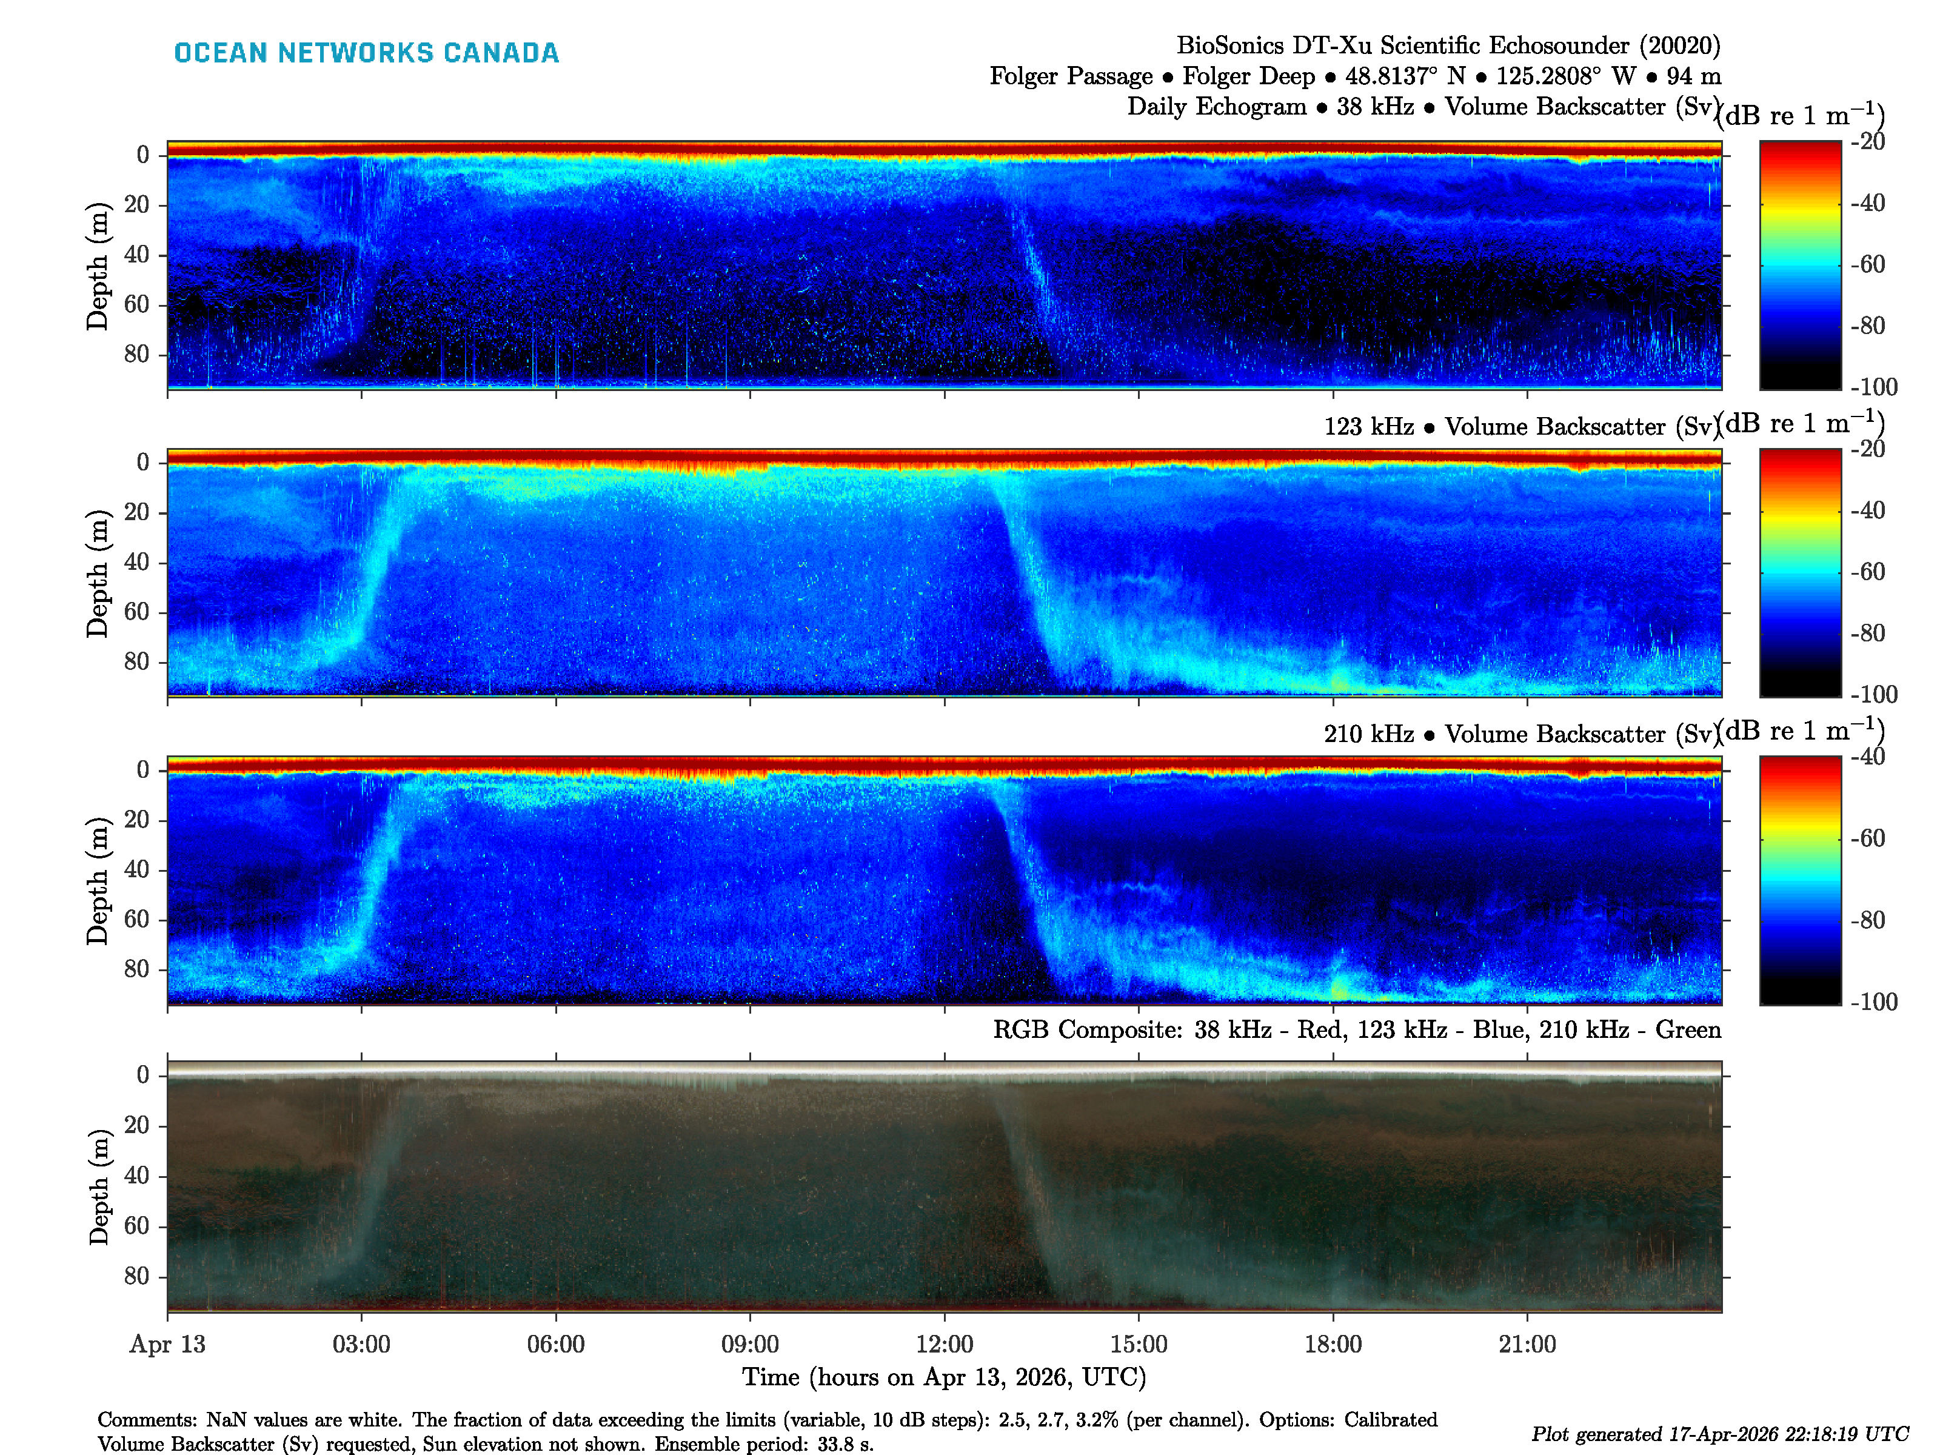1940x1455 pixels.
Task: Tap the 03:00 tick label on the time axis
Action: coord(361,1343)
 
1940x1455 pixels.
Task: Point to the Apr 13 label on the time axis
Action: coord(167,1343)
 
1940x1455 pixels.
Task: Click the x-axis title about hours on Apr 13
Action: coord(944,1377)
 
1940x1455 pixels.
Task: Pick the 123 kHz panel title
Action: coord(1518,427)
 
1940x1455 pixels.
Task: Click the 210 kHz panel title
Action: coord(1518,734)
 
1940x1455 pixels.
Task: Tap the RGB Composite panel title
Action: coord(1356,1029)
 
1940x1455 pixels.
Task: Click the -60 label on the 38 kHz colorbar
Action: coord(1867,264)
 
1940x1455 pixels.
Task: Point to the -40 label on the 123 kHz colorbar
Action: coord(1867,510)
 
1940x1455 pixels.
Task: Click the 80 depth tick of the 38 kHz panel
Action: coord(137,354)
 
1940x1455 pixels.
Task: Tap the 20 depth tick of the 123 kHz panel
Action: coord(137,512)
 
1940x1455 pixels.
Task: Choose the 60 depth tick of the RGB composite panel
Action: coord(137,1225)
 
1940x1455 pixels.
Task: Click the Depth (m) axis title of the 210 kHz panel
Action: coord(98,880)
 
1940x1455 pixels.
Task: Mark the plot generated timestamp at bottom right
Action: coord(1719,1434)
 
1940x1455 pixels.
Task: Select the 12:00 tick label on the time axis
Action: coord(944,1343)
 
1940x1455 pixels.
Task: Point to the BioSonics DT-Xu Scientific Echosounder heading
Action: coord(1448,45)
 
